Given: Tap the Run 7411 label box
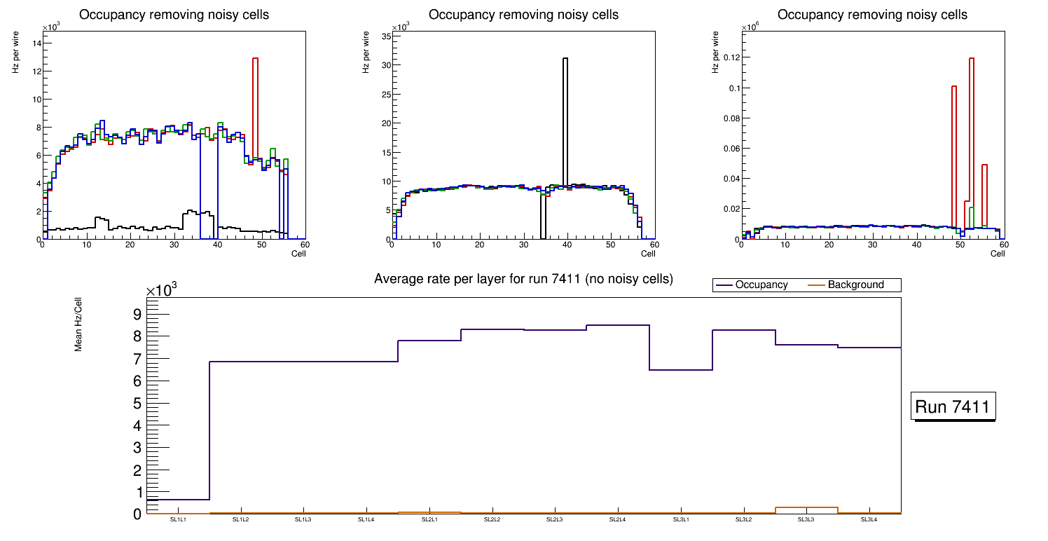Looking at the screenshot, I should coord(953,406).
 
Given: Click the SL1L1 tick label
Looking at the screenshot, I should coord(178,520).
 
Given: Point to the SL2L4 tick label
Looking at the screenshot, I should coord(618,520).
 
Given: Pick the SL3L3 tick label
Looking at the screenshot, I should coord(806,520).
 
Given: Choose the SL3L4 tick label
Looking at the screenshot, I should coord(869,520).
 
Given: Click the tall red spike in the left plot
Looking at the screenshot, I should coord(256,105).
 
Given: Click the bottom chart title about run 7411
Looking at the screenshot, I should coord(523,280).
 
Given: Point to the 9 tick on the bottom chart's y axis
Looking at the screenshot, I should coord(137,313).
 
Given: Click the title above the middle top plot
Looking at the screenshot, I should coord(523,15).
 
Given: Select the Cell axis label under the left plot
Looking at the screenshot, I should coord(298,254).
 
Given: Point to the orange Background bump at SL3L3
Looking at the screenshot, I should coord(806,507).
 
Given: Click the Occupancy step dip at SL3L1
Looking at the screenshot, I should coord(681,369).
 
